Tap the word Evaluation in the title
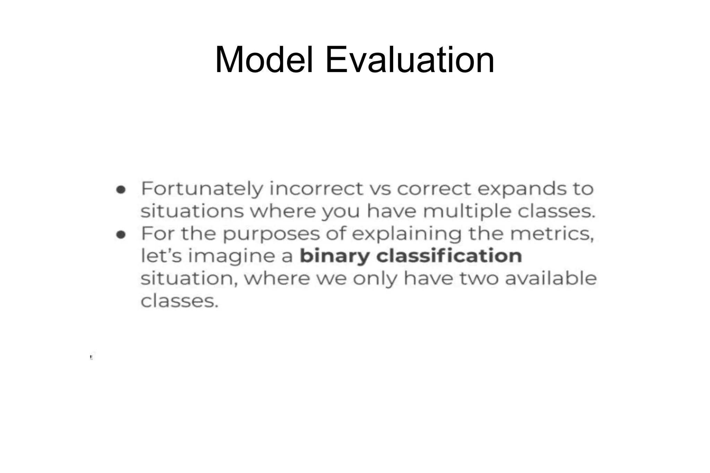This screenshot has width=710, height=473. (410, 60)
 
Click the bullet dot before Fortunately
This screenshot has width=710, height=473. (121, 190)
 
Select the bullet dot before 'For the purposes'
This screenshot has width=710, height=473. (121, 235)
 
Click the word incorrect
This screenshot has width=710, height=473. (316, 189)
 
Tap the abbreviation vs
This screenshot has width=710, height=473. (380, 189)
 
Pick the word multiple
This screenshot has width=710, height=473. (467, 212)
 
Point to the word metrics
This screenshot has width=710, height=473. (552, 234)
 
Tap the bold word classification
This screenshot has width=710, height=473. (449, 256)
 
